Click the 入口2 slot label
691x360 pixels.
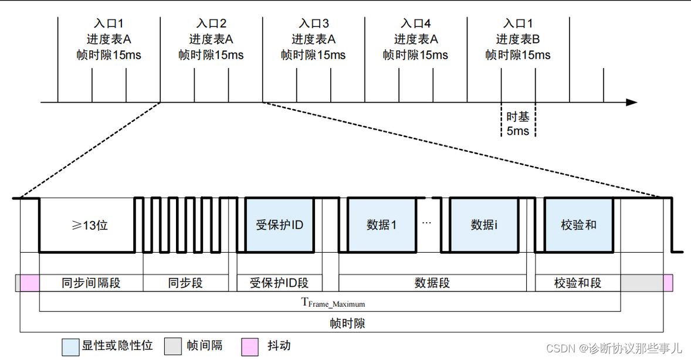211,24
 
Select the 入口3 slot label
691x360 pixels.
313,24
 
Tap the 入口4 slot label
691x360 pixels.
416,24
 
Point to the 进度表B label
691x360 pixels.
518,39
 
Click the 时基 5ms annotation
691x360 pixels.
518,124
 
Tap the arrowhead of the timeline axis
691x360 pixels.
631,103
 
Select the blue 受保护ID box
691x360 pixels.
280,225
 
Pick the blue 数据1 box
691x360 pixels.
382,225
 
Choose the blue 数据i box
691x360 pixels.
484,225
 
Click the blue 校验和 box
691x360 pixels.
578,225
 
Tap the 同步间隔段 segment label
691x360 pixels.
91,283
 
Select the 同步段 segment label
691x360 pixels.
185,283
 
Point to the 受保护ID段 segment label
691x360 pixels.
279,283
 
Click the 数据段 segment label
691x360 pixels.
432,283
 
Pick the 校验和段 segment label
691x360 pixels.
578,283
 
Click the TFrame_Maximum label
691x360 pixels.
333,303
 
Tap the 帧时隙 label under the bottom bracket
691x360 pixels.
347,323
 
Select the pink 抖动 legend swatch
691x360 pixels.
250,347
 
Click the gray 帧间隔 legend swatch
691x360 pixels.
172,347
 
